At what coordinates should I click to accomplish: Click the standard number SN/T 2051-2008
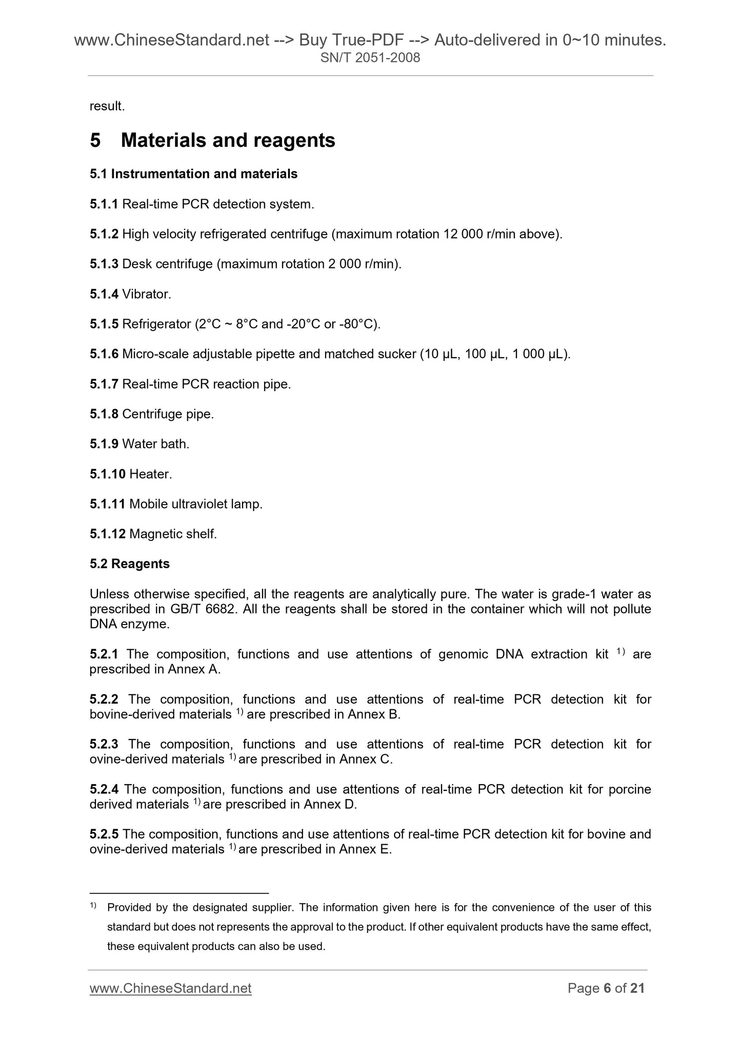pyautogui.click(x=370, y=58)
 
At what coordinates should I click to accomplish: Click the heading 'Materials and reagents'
pyautogui.click(x=228, y=140)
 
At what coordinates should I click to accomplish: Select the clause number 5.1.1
pyautogui.click(x=104, y=204)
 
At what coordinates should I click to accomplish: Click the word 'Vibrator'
pyautogui.click(x=146, y=295)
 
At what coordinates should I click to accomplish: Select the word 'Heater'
pyautogui.click(x=150, y=474)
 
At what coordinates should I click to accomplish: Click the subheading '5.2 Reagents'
pyautogui.click(x=129, y=564)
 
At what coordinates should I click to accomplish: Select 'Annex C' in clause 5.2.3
pyautogui.click(x=365, y=759)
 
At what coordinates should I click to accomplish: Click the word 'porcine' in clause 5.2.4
pyautogui.click(x=630, y=789)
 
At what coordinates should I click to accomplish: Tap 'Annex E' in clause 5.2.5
pyautogui.click(x=365, y=849)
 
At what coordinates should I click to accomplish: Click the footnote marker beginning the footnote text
pyautogui.click(x=93, y=907)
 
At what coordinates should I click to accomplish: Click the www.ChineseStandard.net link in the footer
pyautogui.click(x=170, y=988)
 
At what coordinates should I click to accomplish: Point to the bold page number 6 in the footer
pyautogui.click(x=607, y=988)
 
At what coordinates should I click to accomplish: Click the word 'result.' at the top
pyautogui.click(x=107, y=106)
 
